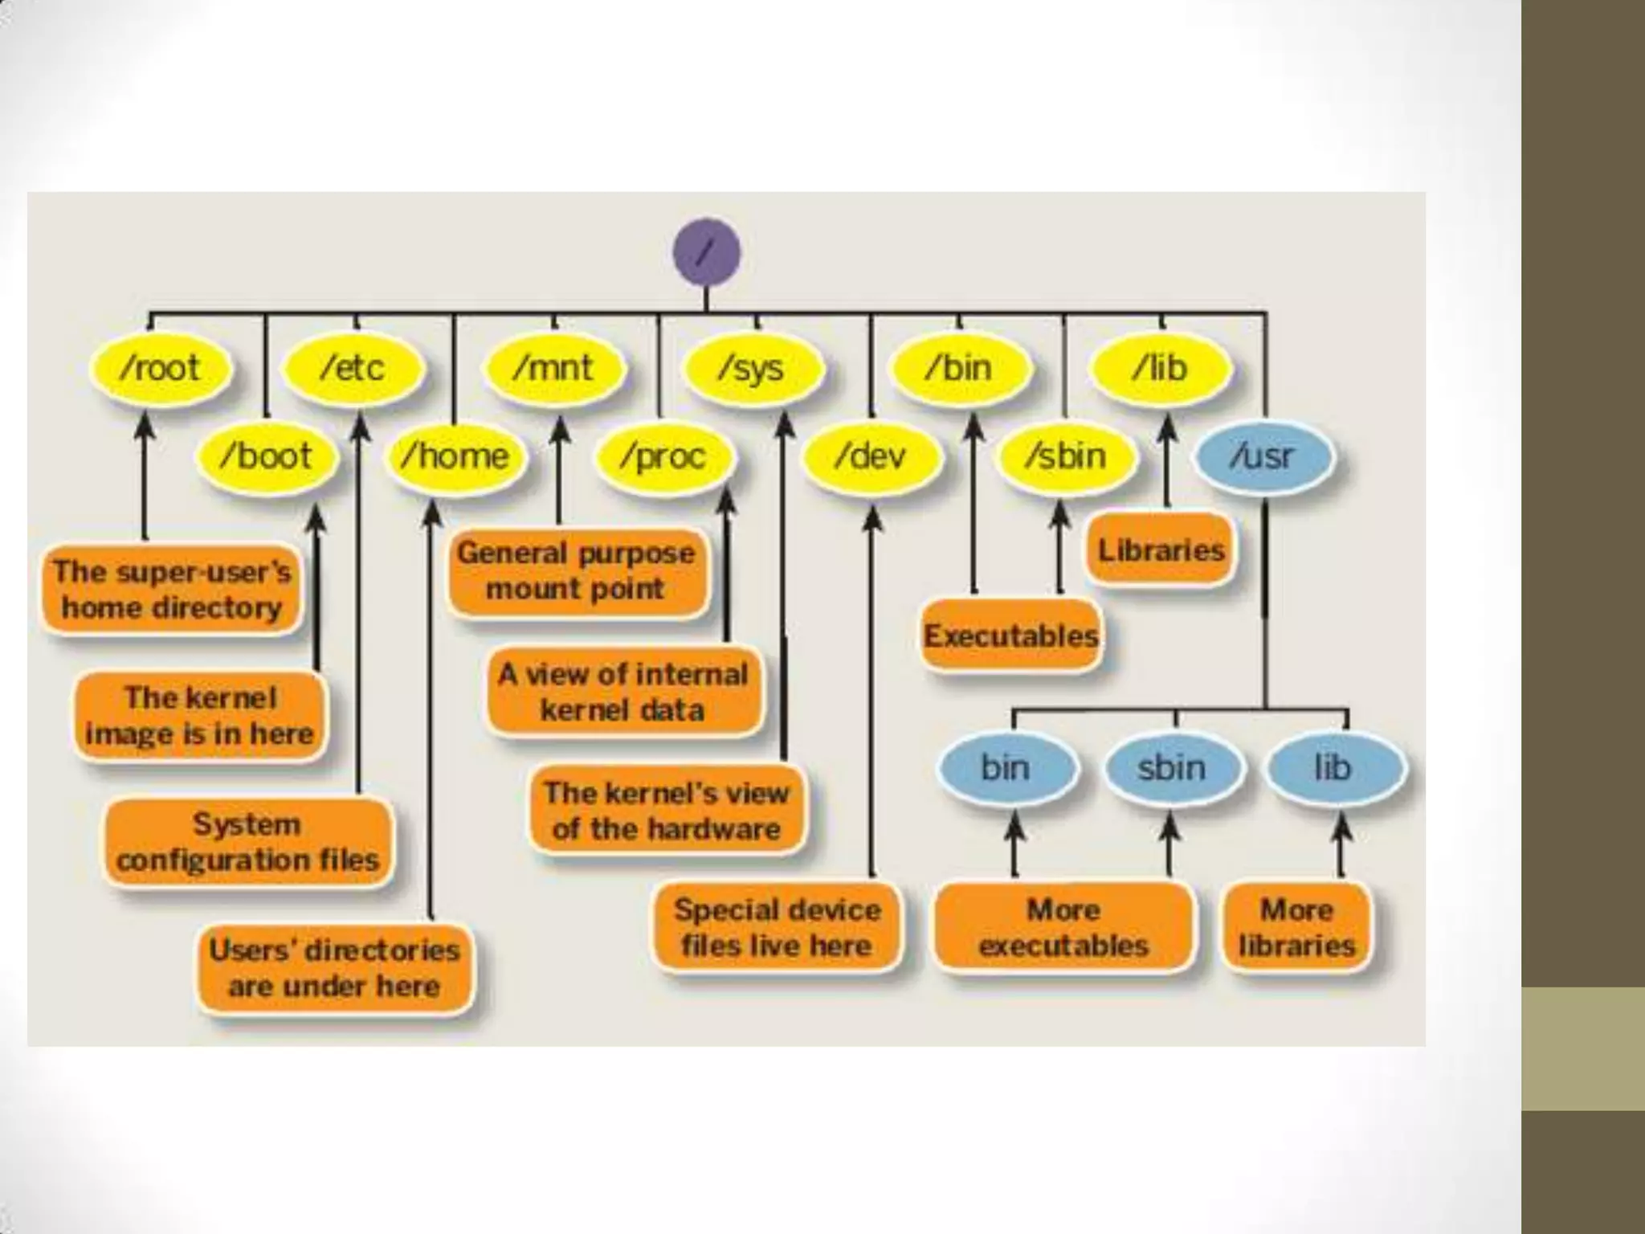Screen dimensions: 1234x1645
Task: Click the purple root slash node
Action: click(x=706, y=252)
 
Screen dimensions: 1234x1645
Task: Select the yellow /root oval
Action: click(x=160, y=368)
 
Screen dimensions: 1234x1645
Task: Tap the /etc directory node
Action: click(x=353, y=368)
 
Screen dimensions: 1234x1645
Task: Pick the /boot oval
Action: click(x=266, y=456)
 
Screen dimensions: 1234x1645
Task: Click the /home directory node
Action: click(x=455, y=456)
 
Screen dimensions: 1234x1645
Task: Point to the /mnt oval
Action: click(x=553, y=368)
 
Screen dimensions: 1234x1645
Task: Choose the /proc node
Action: click(x=663, y=456)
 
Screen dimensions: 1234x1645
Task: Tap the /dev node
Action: click(x=871, y=456)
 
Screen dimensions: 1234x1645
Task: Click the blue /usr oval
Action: click(x=1263, y=456)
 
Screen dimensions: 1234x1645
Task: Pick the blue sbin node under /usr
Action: click(x=1172, y=767)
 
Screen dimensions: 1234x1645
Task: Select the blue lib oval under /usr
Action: click(x=1333, y=767)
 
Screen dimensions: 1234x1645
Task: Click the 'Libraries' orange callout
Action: click(x=1161, y=550)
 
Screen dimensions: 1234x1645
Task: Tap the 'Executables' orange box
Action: click(x=1010, y=635)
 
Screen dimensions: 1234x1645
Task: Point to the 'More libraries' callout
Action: click(x=1296, y=927)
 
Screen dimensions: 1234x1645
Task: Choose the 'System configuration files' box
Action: click(x=247, y=842)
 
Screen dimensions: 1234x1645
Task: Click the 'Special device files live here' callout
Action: click(x=777, y=927)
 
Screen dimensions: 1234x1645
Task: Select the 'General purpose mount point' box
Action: click(x=576, y=570)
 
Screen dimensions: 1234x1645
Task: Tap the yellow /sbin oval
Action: click(x=1066, y=456)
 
